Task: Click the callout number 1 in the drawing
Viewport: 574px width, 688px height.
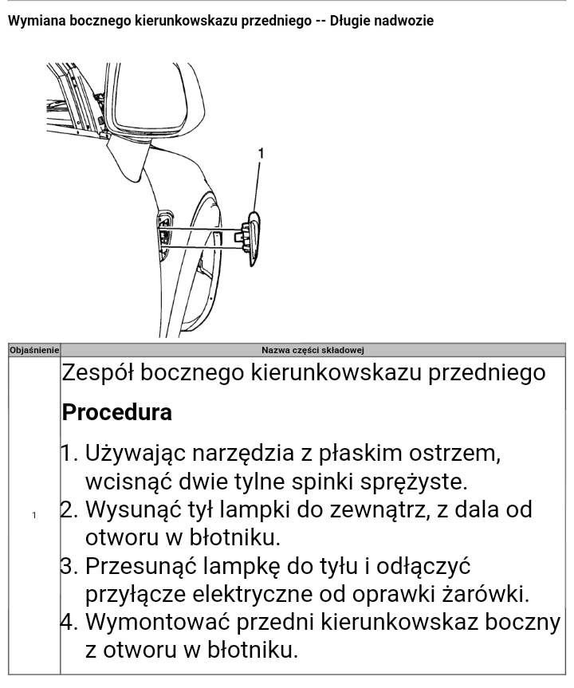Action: [261, 153]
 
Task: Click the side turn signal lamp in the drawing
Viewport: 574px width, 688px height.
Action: [250, 234]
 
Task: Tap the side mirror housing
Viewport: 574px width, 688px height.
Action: [151, 100]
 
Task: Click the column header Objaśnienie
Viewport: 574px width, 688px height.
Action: [34, 350]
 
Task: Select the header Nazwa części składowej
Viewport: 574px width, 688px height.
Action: [313, 350]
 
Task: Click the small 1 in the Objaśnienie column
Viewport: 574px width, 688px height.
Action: [33, 515]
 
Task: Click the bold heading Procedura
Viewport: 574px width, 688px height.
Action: [116, 412]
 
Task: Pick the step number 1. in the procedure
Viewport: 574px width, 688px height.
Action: [71, 454]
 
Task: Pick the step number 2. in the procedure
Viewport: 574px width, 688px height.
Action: [71, 509]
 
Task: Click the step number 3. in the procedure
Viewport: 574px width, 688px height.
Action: [71, 566]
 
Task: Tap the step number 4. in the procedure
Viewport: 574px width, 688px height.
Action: [71, 622]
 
